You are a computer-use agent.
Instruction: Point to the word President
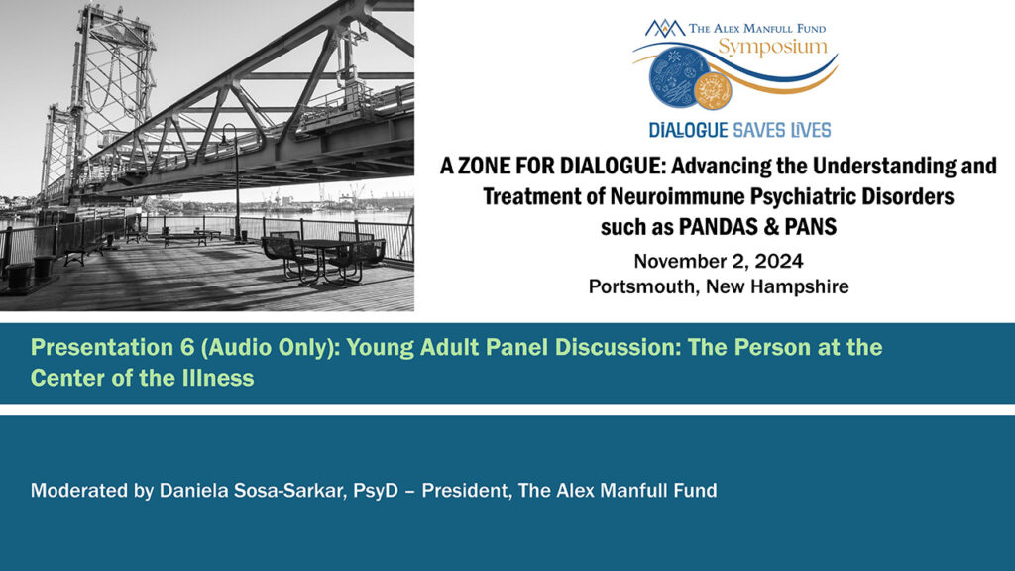click(x=459, y=490)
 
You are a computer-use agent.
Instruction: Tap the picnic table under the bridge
click(x=317, y=254)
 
